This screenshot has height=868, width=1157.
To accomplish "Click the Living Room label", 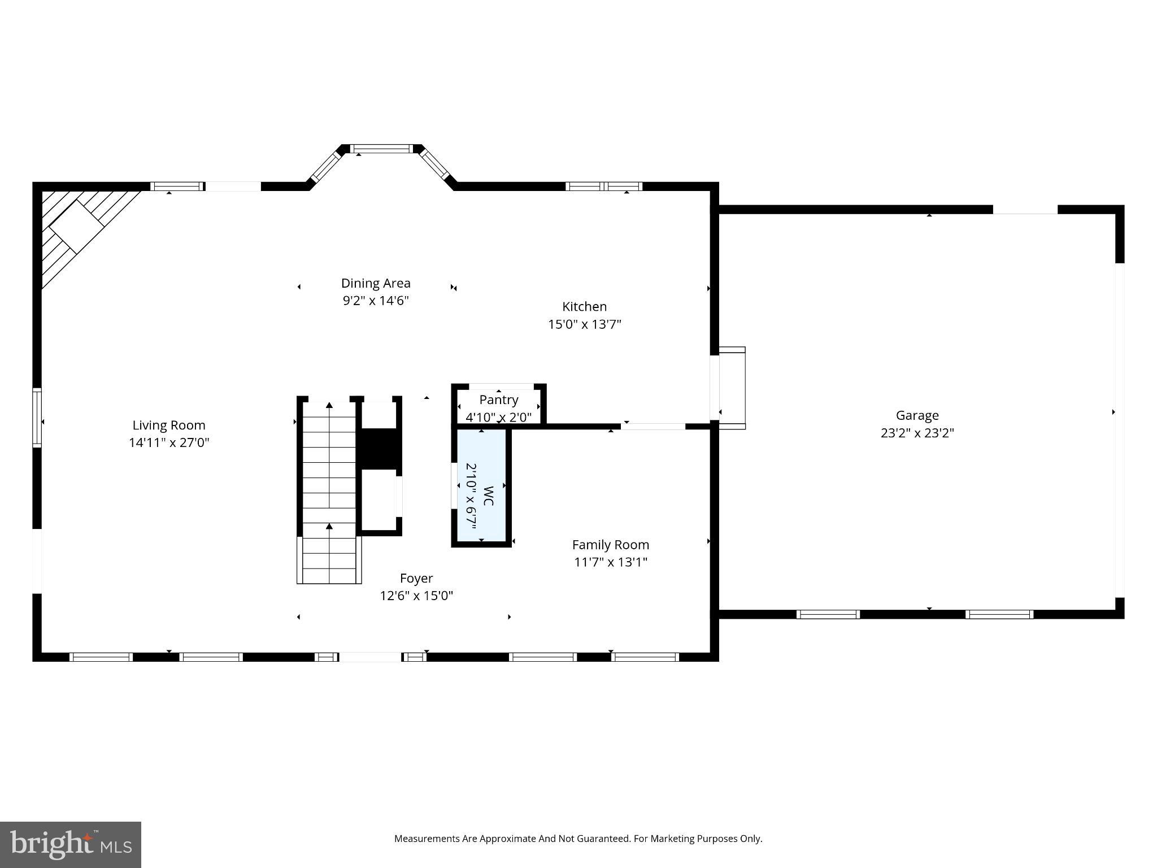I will pos(169,425).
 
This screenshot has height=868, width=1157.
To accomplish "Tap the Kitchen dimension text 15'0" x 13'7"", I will pos(585,324).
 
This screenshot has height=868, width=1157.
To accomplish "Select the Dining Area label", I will pos(376,283).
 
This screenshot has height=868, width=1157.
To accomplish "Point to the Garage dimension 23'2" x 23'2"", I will pos(917,433).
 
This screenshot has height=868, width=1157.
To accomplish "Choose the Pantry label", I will pos(499,400).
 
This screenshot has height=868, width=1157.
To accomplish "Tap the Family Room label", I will pos(610,545).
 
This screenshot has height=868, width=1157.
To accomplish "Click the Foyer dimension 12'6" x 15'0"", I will pos(416,596).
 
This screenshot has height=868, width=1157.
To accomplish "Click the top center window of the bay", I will pos(382,149).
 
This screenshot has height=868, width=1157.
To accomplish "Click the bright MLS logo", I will pos(71,844).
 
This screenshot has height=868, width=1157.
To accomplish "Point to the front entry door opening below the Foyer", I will pos(370,657).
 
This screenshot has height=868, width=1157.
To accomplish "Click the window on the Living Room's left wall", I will pos(37,418).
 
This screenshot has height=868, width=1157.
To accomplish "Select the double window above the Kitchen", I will pos(604,186).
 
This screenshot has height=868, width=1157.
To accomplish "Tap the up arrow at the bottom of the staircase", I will pos(329,528).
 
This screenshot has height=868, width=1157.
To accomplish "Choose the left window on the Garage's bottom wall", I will pos(828,614).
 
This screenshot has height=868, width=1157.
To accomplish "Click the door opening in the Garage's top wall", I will pos(1025,210).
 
